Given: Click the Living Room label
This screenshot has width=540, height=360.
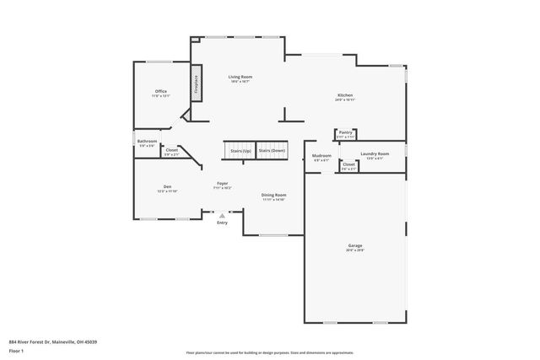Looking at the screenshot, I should click(240, 77).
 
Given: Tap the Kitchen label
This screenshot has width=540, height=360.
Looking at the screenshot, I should click(345, 95).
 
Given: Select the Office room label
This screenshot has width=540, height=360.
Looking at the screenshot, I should click(160, 91).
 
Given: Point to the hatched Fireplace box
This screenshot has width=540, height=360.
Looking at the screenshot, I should click(197, 83).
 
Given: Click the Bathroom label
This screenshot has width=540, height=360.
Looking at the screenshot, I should click(147, 141).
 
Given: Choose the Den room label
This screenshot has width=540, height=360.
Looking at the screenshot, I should click(167, 186).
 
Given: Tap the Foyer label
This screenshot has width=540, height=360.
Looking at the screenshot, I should click(222, 183).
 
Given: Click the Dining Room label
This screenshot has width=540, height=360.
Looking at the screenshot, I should click(273, 195).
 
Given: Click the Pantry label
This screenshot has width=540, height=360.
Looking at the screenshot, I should click(345, 132).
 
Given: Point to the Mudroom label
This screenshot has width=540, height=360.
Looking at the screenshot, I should click(321, 155).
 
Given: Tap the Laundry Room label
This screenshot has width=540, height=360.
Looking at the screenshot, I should click(374, 153).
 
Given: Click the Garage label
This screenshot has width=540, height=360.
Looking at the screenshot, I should click(354, 245).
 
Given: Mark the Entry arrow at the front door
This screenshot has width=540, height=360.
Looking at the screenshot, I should click(222, 216).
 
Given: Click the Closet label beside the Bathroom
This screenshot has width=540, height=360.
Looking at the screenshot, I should click(171, 150).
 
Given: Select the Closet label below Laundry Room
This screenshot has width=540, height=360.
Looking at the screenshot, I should click(348, 164).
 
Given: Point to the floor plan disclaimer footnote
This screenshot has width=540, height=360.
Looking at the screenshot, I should click(269, 352).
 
